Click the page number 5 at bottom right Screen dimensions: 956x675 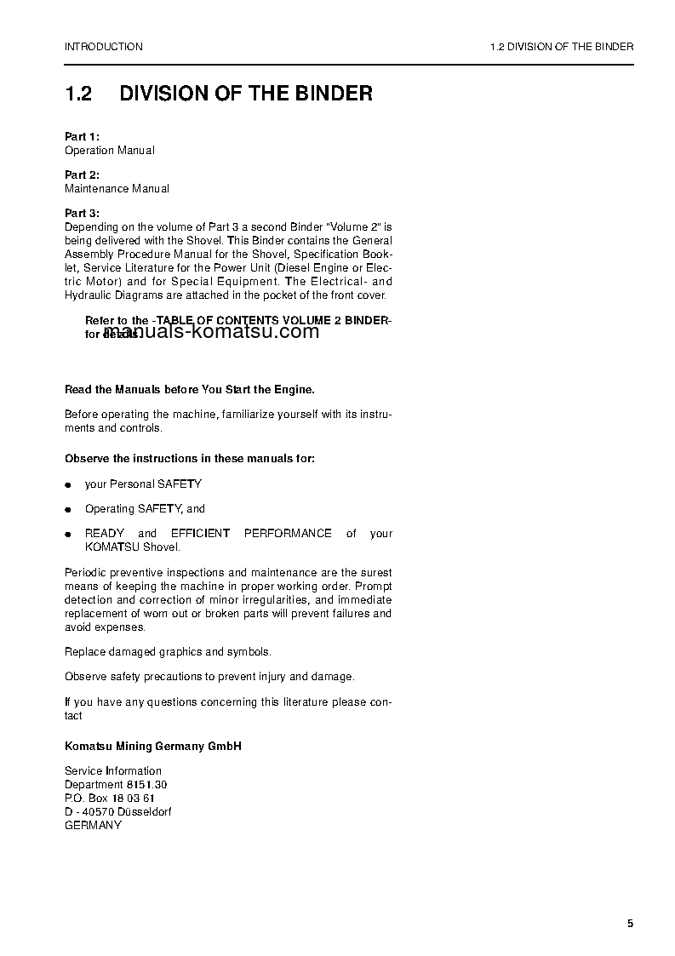[x=630, y=924]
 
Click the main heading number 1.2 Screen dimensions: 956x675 [x=78, y=93]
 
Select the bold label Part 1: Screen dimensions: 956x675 [x=83, y=136]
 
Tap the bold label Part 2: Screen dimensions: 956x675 [x=83, y=175]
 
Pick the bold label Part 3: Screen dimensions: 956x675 [x=83, y=213]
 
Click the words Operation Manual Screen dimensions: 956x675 [x=110, y=150]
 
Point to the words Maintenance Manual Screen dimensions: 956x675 [x=117, y=188]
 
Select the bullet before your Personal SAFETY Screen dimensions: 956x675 [x=68, y=484]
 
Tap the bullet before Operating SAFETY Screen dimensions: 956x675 [x=68, y=509]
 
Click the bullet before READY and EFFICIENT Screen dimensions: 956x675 [x=68, y=534]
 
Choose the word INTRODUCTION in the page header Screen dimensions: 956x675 [x=104, y=47]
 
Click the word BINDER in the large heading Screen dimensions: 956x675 [x=328, y=93]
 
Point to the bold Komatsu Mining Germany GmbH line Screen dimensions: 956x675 [x=153, y=746]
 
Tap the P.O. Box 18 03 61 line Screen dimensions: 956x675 [x=110, y=798]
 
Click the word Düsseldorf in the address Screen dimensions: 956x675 [x=143, y=811]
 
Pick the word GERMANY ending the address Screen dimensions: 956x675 [x=93, y=825]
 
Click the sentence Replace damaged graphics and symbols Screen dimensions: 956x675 [x=168, y=651]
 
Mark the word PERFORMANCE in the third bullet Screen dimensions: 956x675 [x=288, y=533]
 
